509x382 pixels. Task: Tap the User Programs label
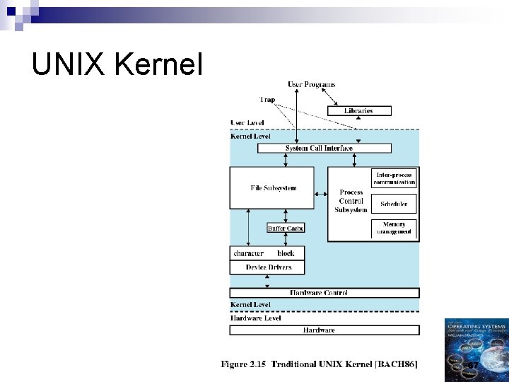[310, 84]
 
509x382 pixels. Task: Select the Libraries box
[358, 110]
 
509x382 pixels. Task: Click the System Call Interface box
[324, 148]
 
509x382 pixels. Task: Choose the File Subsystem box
[272, 188]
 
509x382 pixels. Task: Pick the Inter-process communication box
[394, 178]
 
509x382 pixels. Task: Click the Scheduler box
[394, 204]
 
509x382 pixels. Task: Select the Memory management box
[394, 228]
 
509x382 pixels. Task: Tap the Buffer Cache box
[286, 228]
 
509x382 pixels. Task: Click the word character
[248, 253]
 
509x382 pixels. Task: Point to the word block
[286, 253]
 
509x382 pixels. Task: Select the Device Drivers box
[266, 267]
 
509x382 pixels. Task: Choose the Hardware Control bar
[324, 292]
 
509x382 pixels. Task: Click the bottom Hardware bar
[324, 330]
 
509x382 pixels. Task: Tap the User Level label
[247, 123]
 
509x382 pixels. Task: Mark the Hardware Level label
[255, 318]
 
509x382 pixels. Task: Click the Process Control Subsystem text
[351, 201]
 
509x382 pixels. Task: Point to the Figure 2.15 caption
[319, 364]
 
